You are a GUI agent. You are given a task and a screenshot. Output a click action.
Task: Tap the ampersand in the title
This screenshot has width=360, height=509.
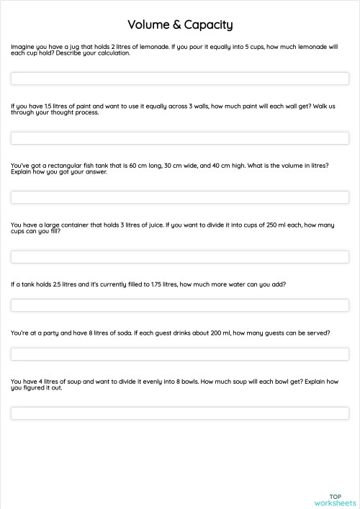click(x=177, y=25)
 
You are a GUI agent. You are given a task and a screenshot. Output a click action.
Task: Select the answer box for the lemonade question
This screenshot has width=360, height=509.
click(x=180, y=78)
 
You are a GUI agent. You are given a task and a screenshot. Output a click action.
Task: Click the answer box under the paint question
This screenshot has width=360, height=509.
click(x=180, y=138)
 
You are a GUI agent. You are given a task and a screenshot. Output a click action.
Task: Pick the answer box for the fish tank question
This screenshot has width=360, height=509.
click(x=180, y=197)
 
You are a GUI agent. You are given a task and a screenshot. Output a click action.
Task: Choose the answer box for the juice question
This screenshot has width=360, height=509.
click(x=180, y=256)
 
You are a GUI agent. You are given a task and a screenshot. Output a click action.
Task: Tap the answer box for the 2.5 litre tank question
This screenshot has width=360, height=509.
click(x=180, y=305)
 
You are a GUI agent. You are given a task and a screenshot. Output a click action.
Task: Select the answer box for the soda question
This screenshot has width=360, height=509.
click(x=180, y=354)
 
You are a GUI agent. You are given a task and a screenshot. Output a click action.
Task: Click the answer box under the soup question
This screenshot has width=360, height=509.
click(x=180, y=413)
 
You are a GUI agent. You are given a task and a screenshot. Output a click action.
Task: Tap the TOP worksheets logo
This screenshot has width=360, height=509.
click(x=335, y=499)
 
